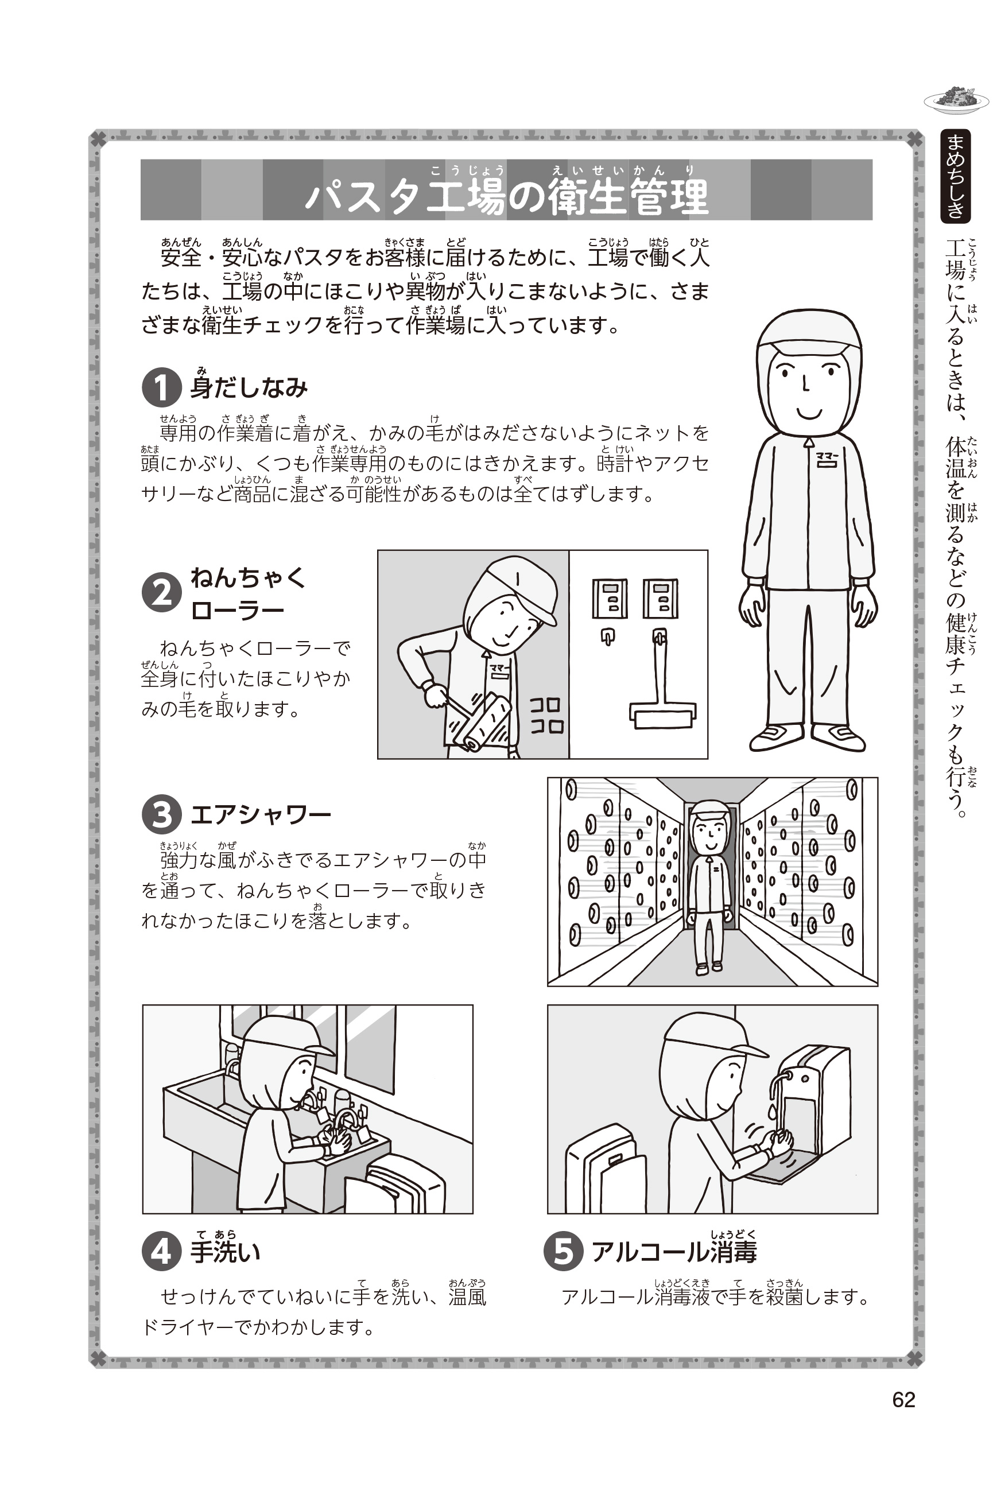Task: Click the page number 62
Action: (903, 1399)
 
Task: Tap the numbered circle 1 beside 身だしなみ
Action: (162, 387)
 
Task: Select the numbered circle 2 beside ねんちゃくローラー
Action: (162, 593)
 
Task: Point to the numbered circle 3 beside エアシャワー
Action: (162, 814)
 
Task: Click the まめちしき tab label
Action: (956, 176)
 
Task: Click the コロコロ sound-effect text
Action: (546, 716)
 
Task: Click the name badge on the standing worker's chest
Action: (827, 459)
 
